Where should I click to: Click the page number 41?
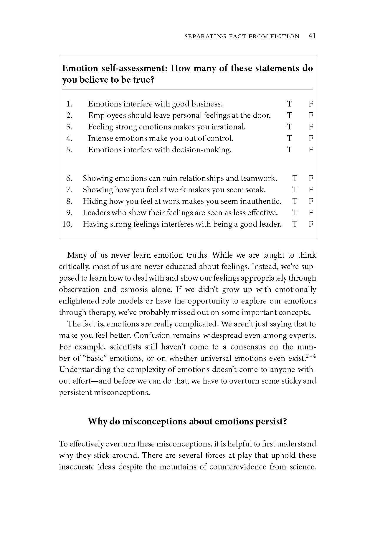point(312,36)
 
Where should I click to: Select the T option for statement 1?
point(290,104)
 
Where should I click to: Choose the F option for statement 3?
point(310,127)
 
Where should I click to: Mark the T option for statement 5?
point(290,150)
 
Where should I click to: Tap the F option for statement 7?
point(310,190)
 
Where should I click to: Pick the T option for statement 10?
point(295,224)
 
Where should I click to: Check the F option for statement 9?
point(310,213)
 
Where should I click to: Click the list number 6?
point(69,178)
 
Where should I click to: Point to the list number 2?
point(69,115)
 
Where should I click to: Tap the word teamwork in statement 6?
point(259,178)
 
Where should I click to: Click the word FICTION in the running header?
point(284,36)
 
